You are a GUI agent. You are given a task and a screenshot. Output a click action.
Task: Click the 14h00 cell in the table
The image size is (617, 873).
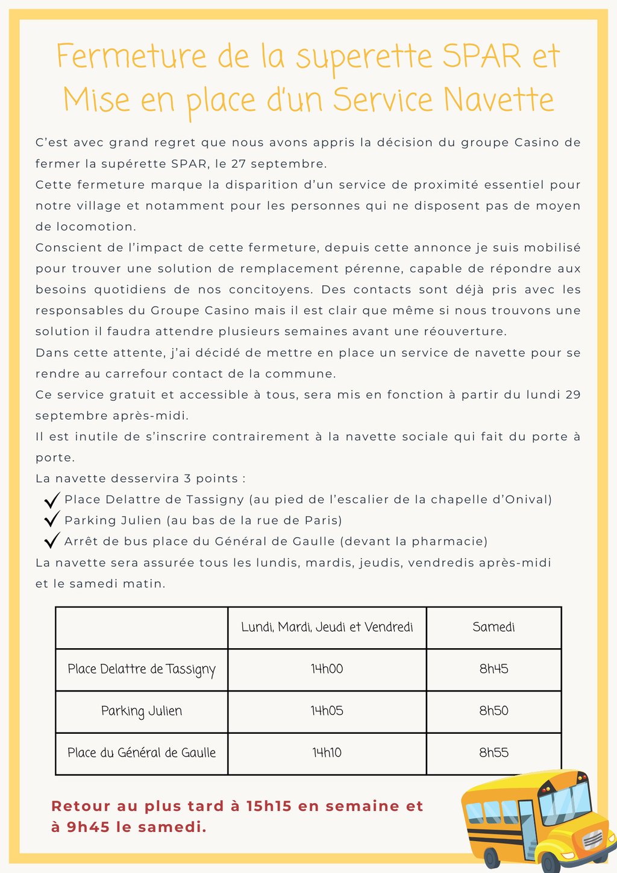coord(327,669)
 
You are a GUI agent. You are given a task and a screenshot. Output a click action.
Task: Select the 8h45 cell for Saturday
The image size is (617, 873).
coord(493,669)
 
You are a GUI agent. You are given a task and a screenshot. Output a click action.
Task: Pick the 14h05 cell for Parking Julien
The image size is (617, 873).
coord(327,711)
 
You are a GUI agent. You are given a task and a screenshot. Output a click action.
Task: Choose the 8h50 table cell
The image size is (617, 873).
coord(493,711)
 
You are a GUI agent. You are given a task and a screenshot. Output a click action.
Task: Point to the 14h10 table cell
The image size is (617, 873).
coord(327,753)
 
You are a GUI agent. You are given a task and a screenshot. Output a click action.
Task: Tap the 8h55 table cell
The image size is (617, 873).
coord(493,753)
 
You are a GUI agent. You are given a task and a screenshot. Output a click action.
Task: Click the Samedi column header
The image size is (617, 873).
coord(493,627)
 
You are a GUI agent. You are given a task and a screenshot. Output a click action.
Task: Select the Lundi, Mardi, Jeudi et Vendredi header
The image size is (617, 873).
coord(327,627)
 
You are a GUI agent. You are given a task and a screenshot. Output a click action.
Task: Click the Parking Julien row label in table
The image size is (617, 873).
coord(142,711)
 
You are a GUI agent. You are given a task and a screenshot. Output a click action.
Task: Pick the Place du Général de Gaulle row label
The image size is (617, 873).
coord(142,753)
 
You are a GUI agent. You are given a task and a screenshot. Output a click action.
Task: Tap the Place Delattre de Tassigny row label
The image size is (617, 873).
coord(142,669)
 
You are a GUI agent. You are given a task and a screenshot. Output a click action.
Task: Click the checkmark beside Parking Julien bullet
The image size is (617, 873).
coord(52,519)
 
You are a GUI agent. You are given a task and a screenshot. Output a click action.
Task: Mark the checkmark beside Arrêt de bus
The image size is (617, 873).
coord(52,540)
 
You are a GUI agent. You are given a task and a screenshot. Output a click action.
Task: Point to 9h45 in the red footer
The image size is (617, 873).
coord(88,827)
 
